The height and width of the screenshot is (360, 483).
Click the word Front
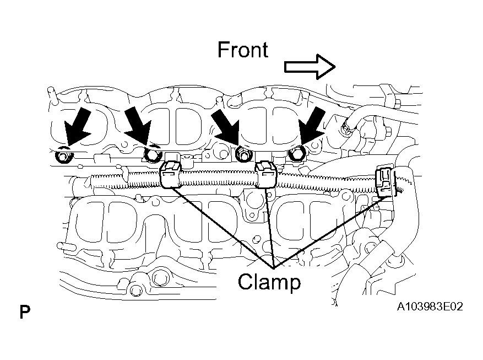tap(243, 50)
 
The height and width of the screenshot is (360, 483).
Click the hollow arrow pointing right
tap(310, 67)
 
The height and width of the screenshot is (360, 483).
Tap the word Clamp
tap(269, 282)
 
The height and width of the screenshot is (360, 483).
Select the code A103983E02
tap(430, 307)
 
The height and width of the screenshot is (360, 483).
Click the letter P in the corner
tap(25, 312)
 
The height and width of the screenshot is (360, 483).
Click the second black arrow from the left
tap(139, 125)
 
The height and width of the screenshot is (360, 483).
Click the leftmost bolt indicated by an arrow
tap(64, 156)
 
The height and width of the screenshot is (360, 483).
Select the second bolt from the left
tap(153, 155)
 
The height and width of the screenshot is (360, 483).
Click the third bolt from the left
tap(243, 154)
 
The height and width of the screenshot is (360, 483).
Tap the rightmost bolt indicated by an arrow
tap(297, 153)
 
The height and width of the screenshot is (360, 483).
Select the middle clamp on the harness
tap(266, 174)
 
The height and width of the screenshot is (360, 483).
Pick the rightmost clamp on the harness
tap(385, 182)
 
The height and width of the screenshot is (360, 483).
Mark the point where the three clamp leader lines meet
tap(274, 267)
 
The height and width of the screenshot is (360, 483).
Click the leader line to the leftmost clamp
tap(221, 228)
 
